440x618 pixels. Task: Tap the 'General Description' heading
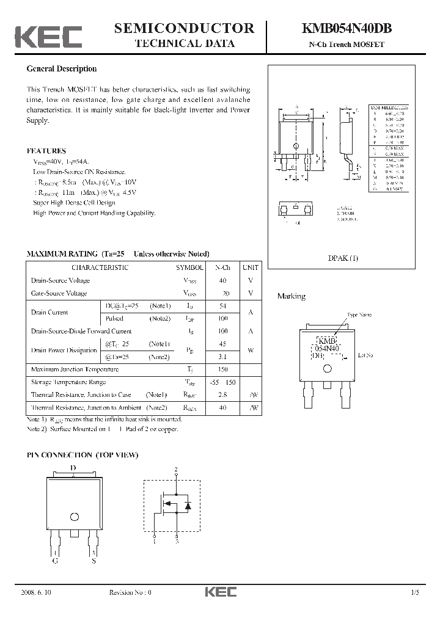pos(62,69)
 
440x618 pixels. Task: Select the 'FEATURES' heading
pos(46,151)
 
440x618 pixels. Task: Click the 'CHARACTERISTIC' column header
pos(100,267)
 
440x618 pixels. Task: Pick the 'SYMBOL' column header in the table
pos(190,267)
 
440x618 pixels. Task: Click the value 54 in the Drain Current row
pos(222,305)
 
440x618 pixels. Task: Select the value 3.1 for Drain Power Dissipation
pos(222,357)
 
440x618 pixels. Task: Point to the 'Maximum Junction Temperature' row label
pos(75,369)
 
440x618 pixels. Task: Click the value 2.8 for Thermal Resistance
pos(222,395)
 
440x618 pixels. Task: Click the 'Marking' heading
pos(291,296)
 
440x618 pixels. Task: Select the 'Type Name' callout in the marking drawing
pos(359,315)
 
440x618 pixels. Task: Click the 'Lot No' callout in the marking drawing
pos(365,354)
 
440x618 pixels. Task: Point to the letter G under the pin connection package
pos(56,561)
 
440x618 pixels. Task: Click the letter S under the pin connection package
pos(94,561)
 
